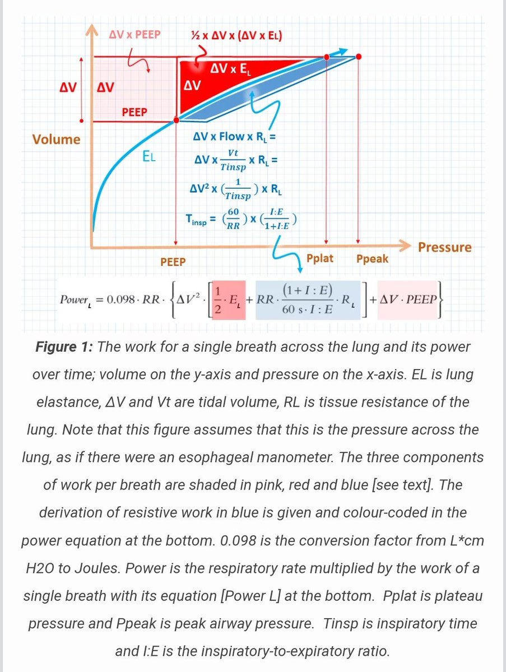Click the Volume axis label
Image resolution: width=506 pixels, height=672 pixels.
click(56, 139)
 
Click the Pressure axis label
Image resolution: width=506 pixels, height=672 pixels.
click(445, 247)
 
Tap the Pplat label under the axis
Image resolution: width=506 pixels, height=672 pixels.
click(320, 258)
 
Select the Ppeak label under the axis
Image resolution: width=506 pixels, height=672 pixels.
click(372, 259)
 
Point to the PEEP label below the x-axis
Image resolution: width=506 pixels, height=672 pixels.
click(173, 262)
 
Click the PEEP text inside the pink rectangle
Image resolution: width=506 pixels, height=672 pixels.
click(134, 112)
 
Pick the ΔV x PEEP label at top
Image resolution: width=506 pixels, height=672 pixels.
click(135, 35)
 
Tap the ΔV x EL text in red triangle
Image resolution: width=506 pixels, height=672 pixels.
click(231, 70)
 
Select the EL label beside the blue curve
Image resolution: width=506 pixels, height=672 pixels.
click(149, 157)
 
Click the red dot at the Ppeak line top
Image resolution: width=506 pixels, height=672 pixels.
click(359, 57)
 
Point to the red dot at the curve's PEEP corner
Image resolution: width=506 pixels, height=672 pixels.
click(177, 120)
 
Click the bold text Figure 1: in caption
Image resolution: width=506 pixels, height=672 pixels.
click(65, 347)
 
